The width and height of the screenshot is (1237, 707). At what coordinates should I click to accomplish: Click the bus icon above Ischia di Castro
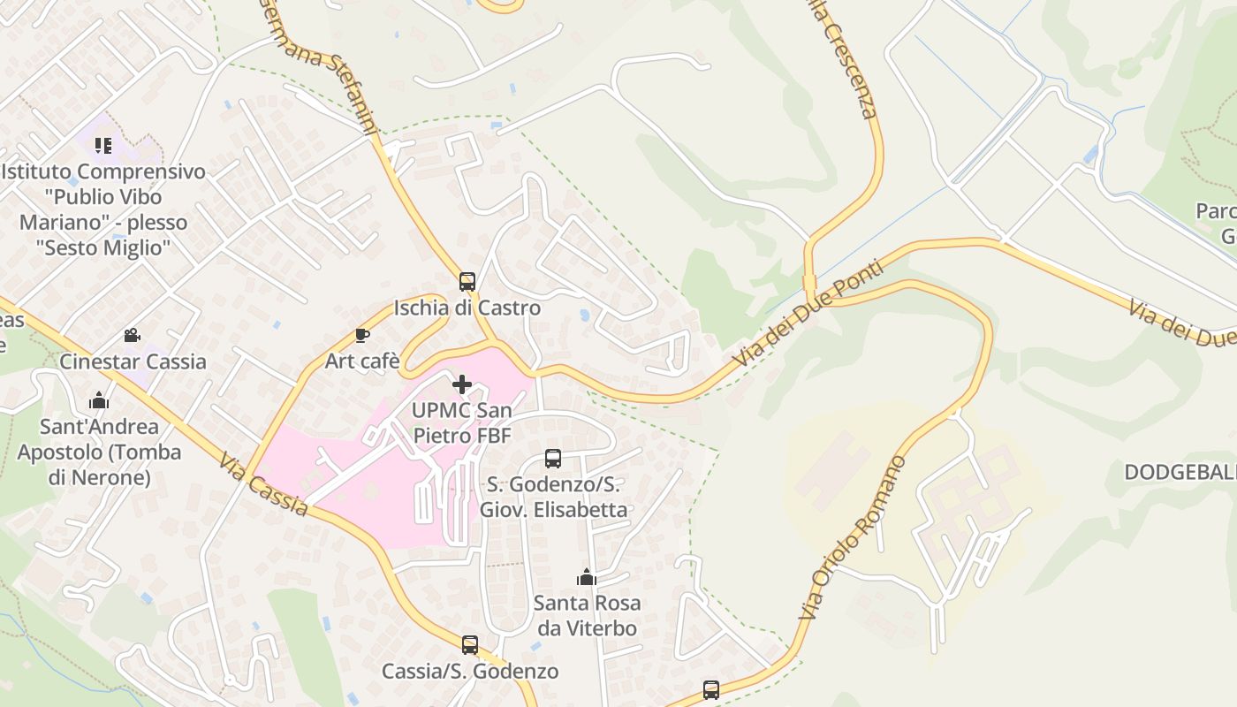click(467, 282)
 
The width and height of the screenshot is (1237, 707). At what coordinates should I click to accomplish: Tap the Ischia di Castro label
click(467, 308)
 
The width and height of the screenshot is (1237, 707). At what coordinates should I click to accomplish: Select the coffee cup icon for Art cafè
click(361, 335)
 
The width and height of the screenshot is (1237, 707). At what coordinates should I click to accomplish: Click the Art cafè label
click(362, 361)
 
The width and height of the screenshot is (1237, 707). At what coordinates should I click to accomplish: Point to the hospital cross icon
click(461, 384)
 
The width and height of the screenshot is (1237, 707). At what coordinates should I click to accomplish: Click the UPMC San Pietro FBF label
click(461, 423)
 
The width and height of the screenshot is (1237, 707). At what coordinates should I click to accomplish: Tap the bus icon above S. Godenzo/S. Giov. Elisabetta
click(553, 459)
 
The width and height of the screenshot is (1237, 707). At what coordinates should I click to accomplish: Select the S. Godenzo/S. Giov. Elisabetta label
click(553, 498)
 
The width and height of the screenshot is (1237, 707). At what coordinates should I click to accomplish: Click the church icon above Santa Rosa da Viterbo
click(586, 578)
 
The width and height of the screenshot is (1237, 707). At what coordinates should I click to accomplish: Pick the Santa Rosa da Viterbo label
click(586, 616)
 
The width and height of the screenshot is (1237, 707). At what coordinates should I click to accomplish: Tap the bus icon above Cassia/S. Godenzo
click(470, 645)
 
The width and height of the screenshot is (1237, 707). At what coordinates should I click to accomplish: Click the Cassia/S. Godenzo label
click(470, 672)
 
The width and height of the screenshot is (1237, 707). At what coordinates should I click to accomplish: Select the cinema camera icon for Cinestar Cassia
click(133, 335)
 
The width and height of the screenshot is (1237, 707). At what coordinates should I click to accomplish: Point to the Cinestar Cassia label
click(133, 361)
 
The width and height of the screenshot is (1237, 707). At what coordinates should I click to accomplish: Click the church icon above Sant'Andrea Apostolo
click(99, 401)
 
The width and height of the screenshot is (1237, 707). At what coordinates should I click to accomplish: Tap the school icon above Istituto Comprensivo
click(103, 145)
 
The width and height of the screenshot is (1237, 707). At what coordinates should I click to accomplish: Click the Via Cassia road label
click(264, 485)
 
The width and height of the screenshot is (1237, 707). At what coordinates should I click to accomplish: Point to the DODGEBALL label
click(1180, 473)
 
